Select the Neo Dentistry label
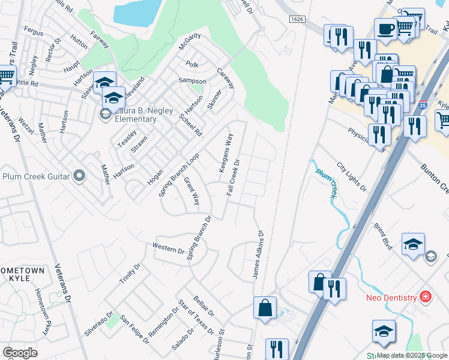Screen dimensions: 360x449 point(391,298)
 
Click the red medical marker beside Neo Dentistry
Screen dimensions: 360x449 point(426,297)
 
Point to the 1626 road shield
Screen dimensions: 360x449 point(297,20)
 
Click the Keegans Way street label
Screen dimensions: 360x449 point(225,153)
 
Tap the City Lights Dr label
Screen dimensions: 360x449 point(352,176)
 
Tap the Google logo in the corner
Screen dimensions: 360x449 point(20,353)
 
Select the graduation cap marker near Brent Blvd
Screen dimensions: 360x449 point(413,244)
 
